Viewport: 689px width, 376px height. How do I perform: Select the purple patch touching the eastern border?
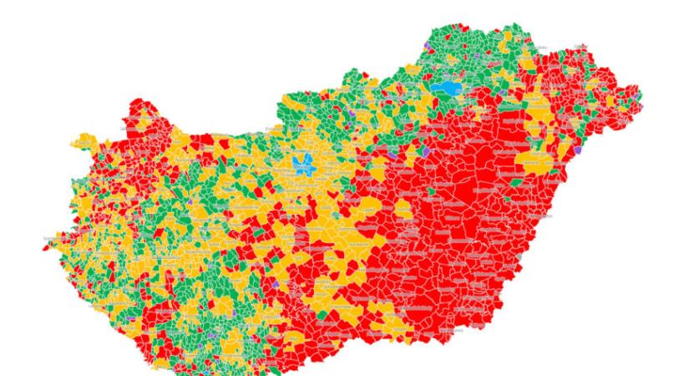[x=576, y=148]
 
